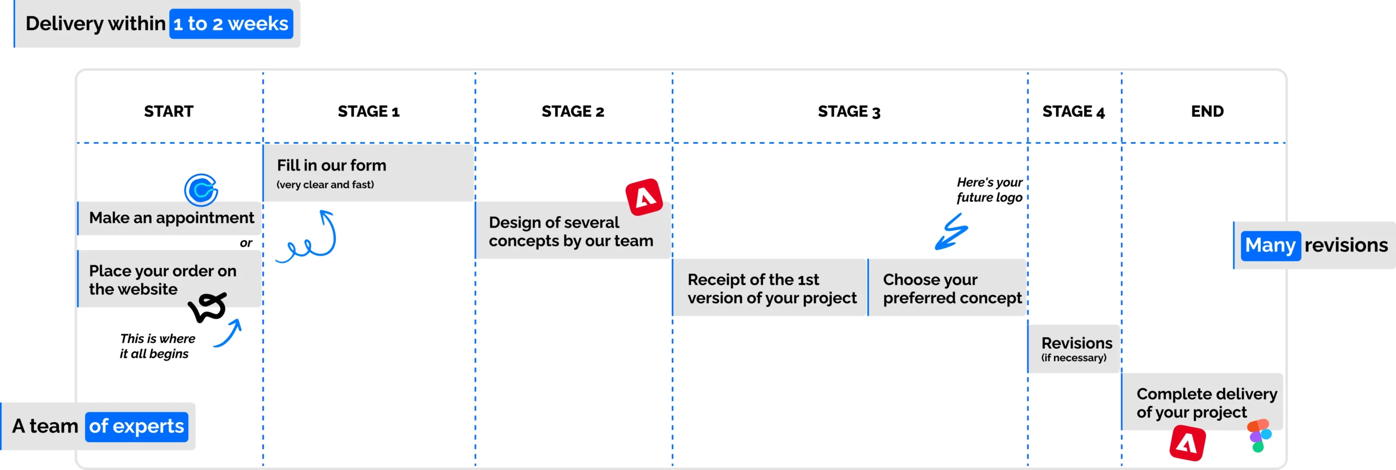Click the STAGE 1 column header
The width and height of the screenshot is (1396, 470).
pyautogui.click(x=369, y=112)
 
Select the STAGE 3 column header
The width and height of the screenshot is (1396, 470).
pyautogui.click(x=849, y=112)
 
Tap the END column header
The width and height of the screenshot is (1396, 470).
pyautogui.click(x=1207, y=111)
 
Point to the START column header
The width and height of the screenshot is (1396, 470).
pyautogui.click(x=169, y=111)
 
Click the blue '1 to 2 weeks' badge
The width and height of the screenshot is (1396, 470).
pyautogui.click(x=231, y=24)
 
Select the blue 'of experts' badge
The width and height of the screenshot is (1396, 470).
pyautogui.click(x=137, y=426)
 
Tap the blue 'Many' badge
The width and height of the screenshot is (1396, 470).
pyautogui.click(x=1271, y=246)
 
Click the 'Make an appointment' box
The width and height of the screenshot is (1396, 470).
pyautogui.click(x=170, y=218)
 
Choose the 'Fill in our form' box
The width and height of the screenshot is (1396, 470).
pyautogui.click(x=369, y=173)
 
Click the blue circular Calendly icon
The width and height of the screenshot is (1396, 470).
pyautogui.click(x=201, y=190)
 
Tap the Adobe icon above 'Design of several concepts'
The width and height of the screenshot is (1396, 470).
pyautogui.click(x=644, y=197)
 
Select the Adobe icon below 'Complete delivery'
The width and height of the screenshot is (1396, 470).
pyautogui.click(x=1187, y=444)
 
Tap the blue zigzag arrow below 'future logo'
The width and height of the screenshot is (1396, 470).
pyautogui.click(x=952, y=231)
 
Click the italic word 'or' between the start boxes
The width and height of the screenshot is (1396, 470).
pyautogui.click(x=246, y=243)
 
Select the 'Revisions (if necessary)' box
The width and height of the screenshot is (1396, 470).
pyautogui.click(x=1074, y=349)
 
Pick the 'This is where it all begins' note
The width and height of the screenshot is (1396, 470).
pyautogui.click(x=157, y=346)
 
